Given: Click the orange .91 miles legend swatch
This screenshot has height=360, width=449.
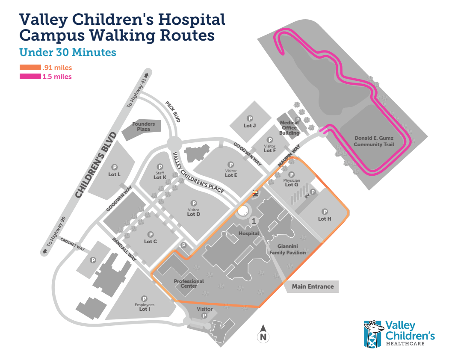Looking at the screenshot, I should click(x=30, y=68).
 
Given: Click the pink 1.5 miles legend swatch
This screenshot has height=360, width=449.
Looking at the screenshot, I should click(x=30, y=77).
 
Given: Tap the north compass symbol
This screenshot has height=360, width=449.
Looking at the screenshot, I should click(x=264, y=335).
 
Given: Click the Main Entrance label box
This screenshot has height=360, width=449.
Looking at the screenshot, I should click(x=313, y=286).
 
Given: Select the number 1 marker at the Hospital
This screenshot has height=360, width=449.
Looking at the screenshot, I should click(x=254, y=221).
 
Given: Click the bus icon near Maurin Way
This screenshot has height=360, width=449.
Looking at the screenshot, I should click(x=255, y=193).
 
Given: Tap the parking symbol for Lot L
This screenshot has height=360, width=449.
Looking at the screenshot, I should click(x=114, y=167).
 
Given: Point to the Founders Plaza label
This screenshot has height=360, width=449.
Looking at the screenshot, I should click(x=143, y=126).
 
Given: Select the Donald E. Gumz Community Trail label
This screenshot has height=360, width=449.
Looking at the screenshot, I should click(x=374, y=142).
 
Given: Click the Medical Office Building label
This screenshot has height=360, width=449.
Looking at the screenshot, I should click(x=289, y=127).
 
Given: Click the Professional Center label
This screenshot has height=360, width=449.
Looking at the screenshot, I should click(x=189, y=283).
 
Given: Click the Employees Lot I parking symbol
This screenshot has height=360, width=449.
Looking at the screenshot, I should click(x=145, y=298).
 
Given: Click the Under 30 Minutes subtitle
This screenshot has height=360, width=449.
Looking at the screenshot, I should click(x=68, y=52).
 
